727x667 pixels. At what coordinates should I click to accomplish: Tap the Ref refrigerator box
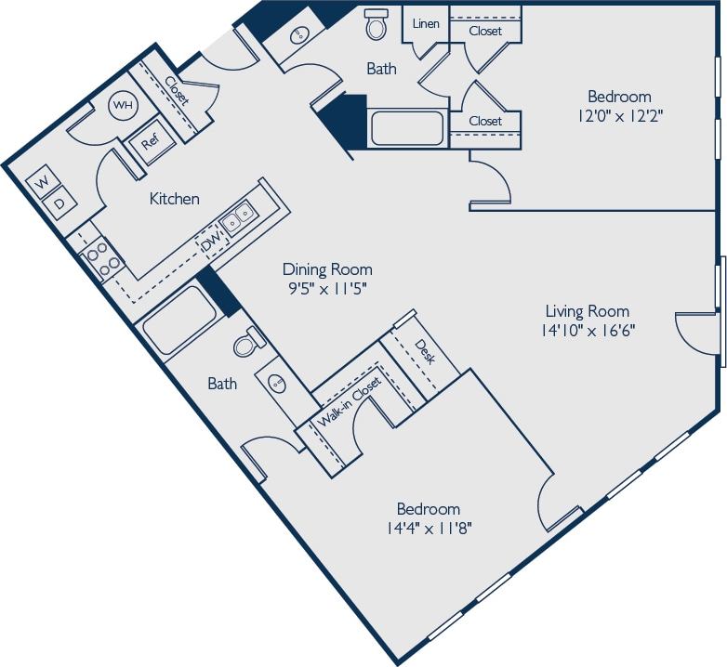pos(149,143)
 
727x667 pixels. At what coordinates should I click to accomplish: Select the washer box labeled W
pos(42,183)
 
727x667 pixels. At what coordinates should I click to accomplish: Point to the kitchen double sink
pos(235,217)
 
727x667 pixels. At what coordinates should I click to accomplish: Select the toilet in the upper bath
pos(377,25)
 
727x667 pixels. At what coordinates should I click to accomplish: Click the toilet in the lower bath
pos(246,344)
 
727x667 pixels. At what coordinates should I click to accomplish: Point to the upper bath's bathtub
pos(407,127)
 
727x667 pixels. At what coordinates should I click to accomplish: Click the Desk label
pos(425,352)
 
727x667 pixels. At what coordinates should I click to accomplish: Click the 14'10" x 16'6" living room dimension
pos(587,329)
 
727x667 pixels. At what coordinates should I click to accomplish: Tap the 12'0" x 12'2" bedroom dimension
pos(619,116)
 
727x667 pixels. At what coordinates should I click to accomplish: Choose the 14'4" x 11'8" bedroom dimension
pos(428,529)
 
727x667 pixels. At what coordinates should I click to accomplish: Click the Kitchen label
pos(175,199)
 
